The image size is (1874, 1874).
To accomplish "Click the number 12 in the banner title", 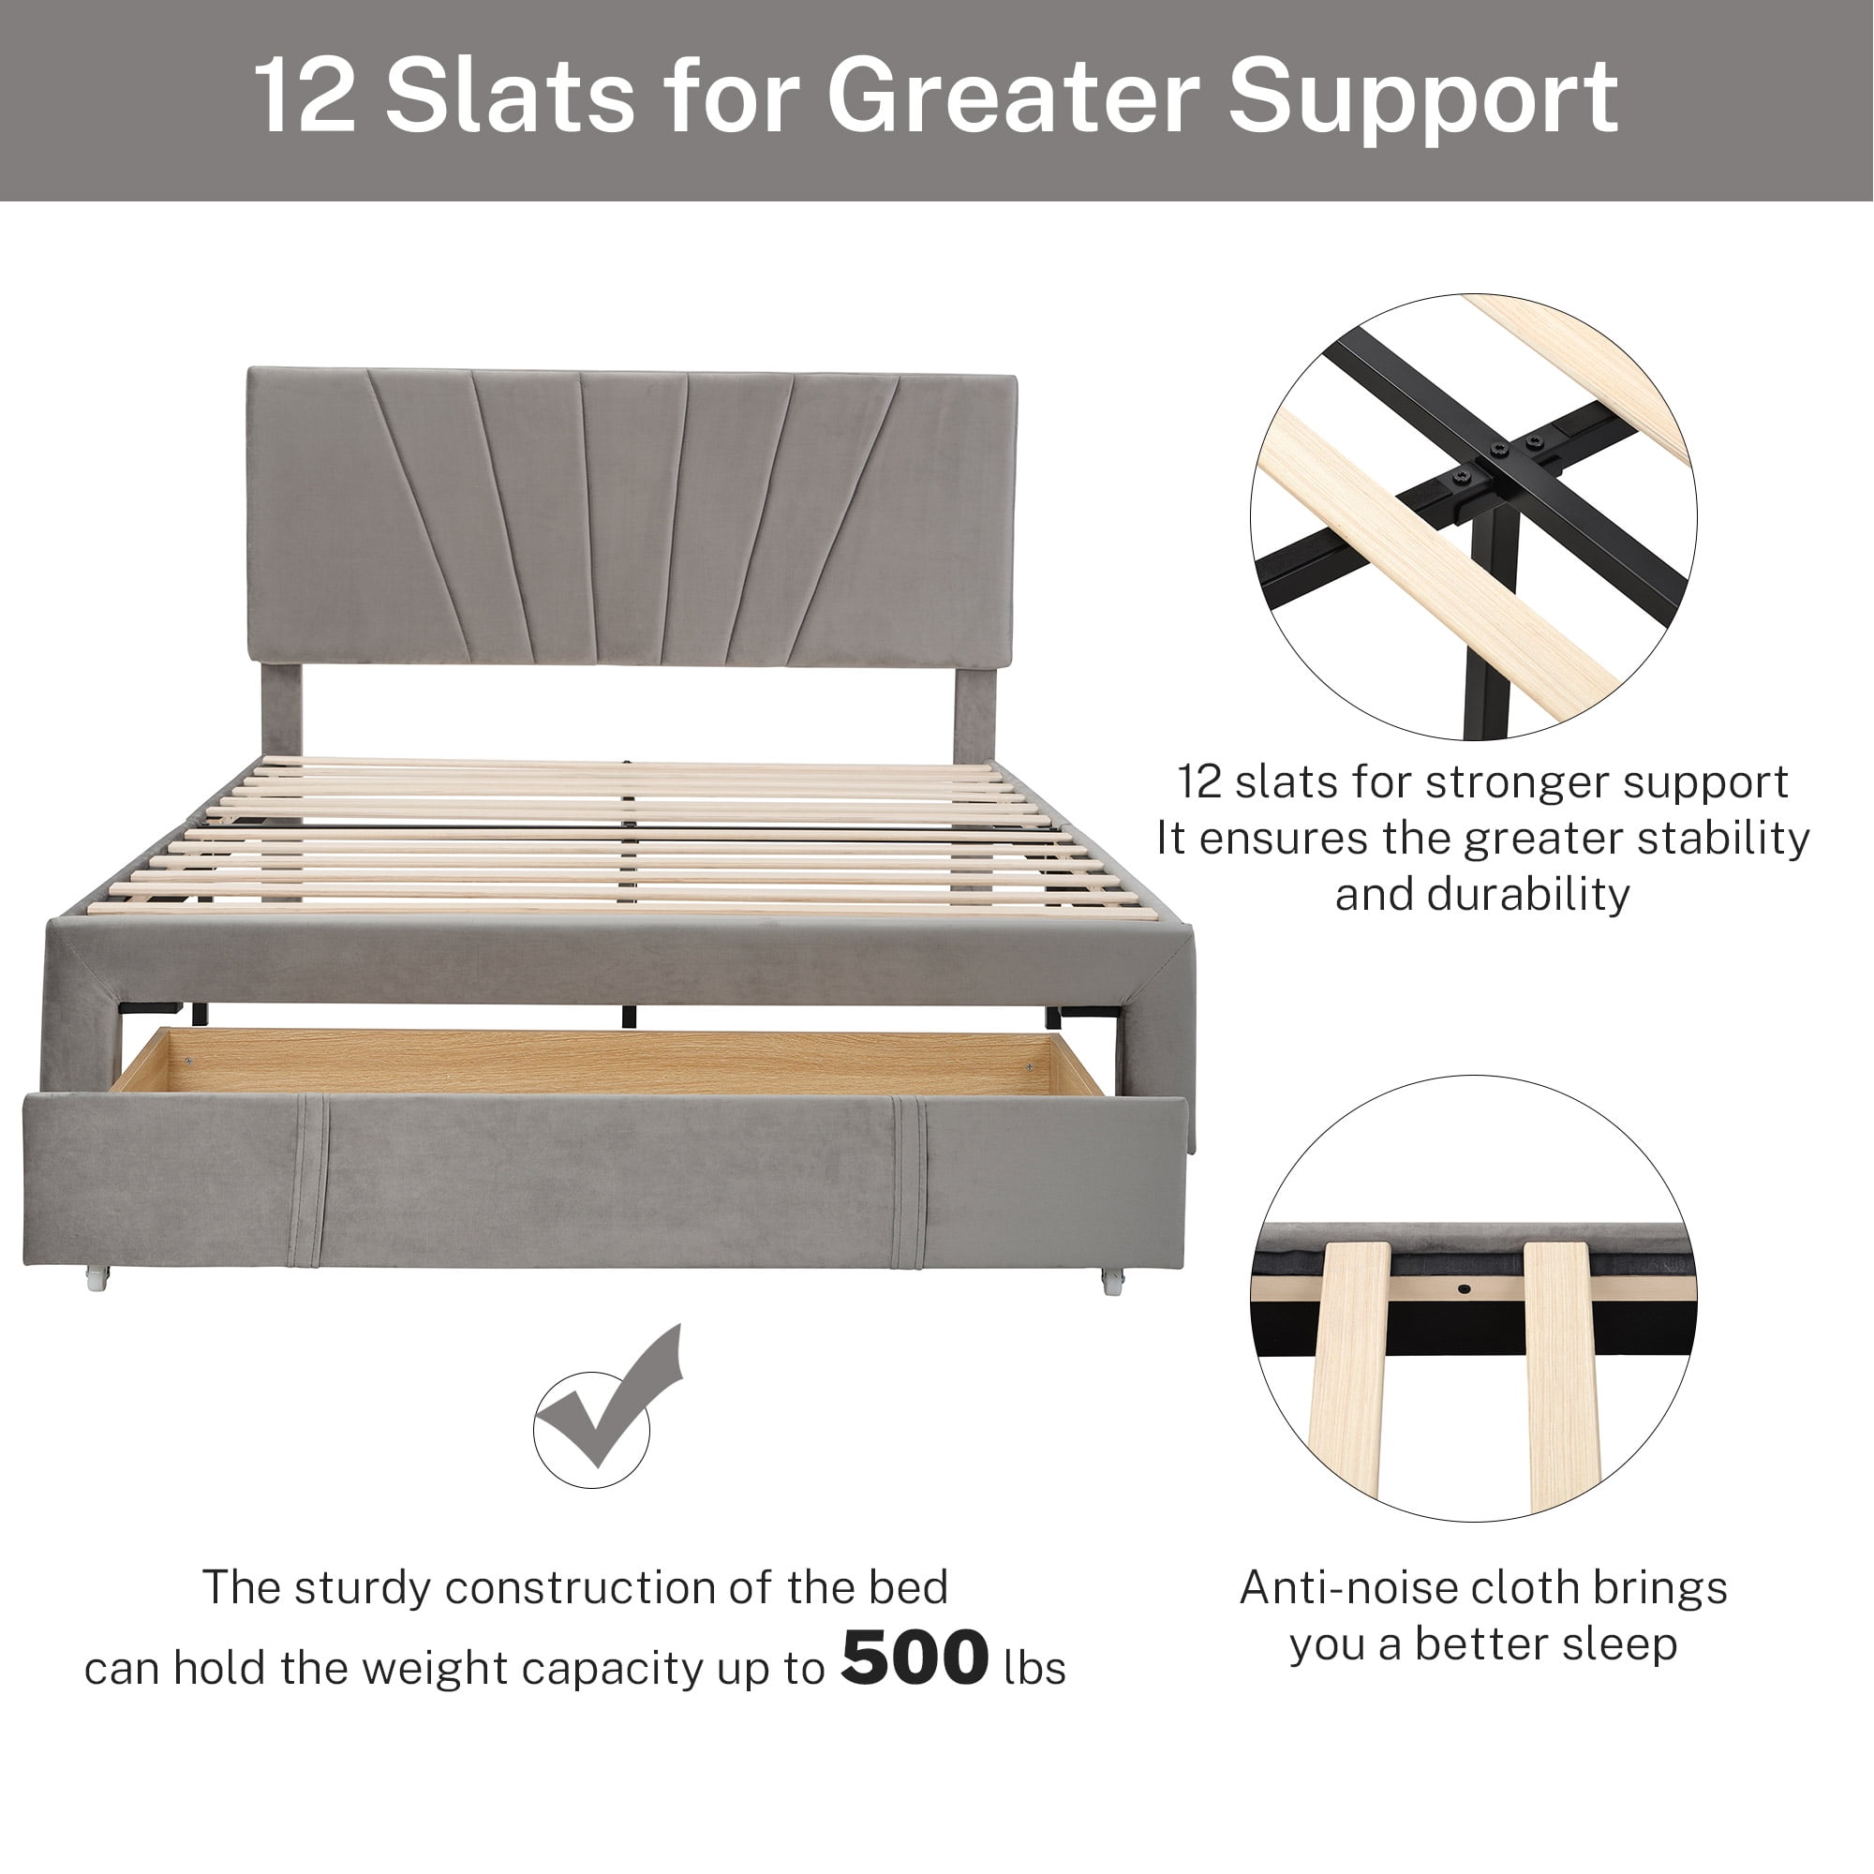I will click(x=305, y=97).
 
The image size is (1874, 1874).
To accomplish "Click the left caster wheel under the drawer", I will click(x=98, y=1277).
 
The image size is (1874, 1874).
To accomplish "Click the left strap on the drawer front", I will click(x=309, y=1181).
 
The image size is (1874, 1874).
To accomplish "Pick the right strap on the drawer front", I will click(x=909, y=1181).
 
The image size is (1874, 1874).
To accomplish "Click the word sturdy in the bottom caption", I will click(x=363, y=1588).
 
